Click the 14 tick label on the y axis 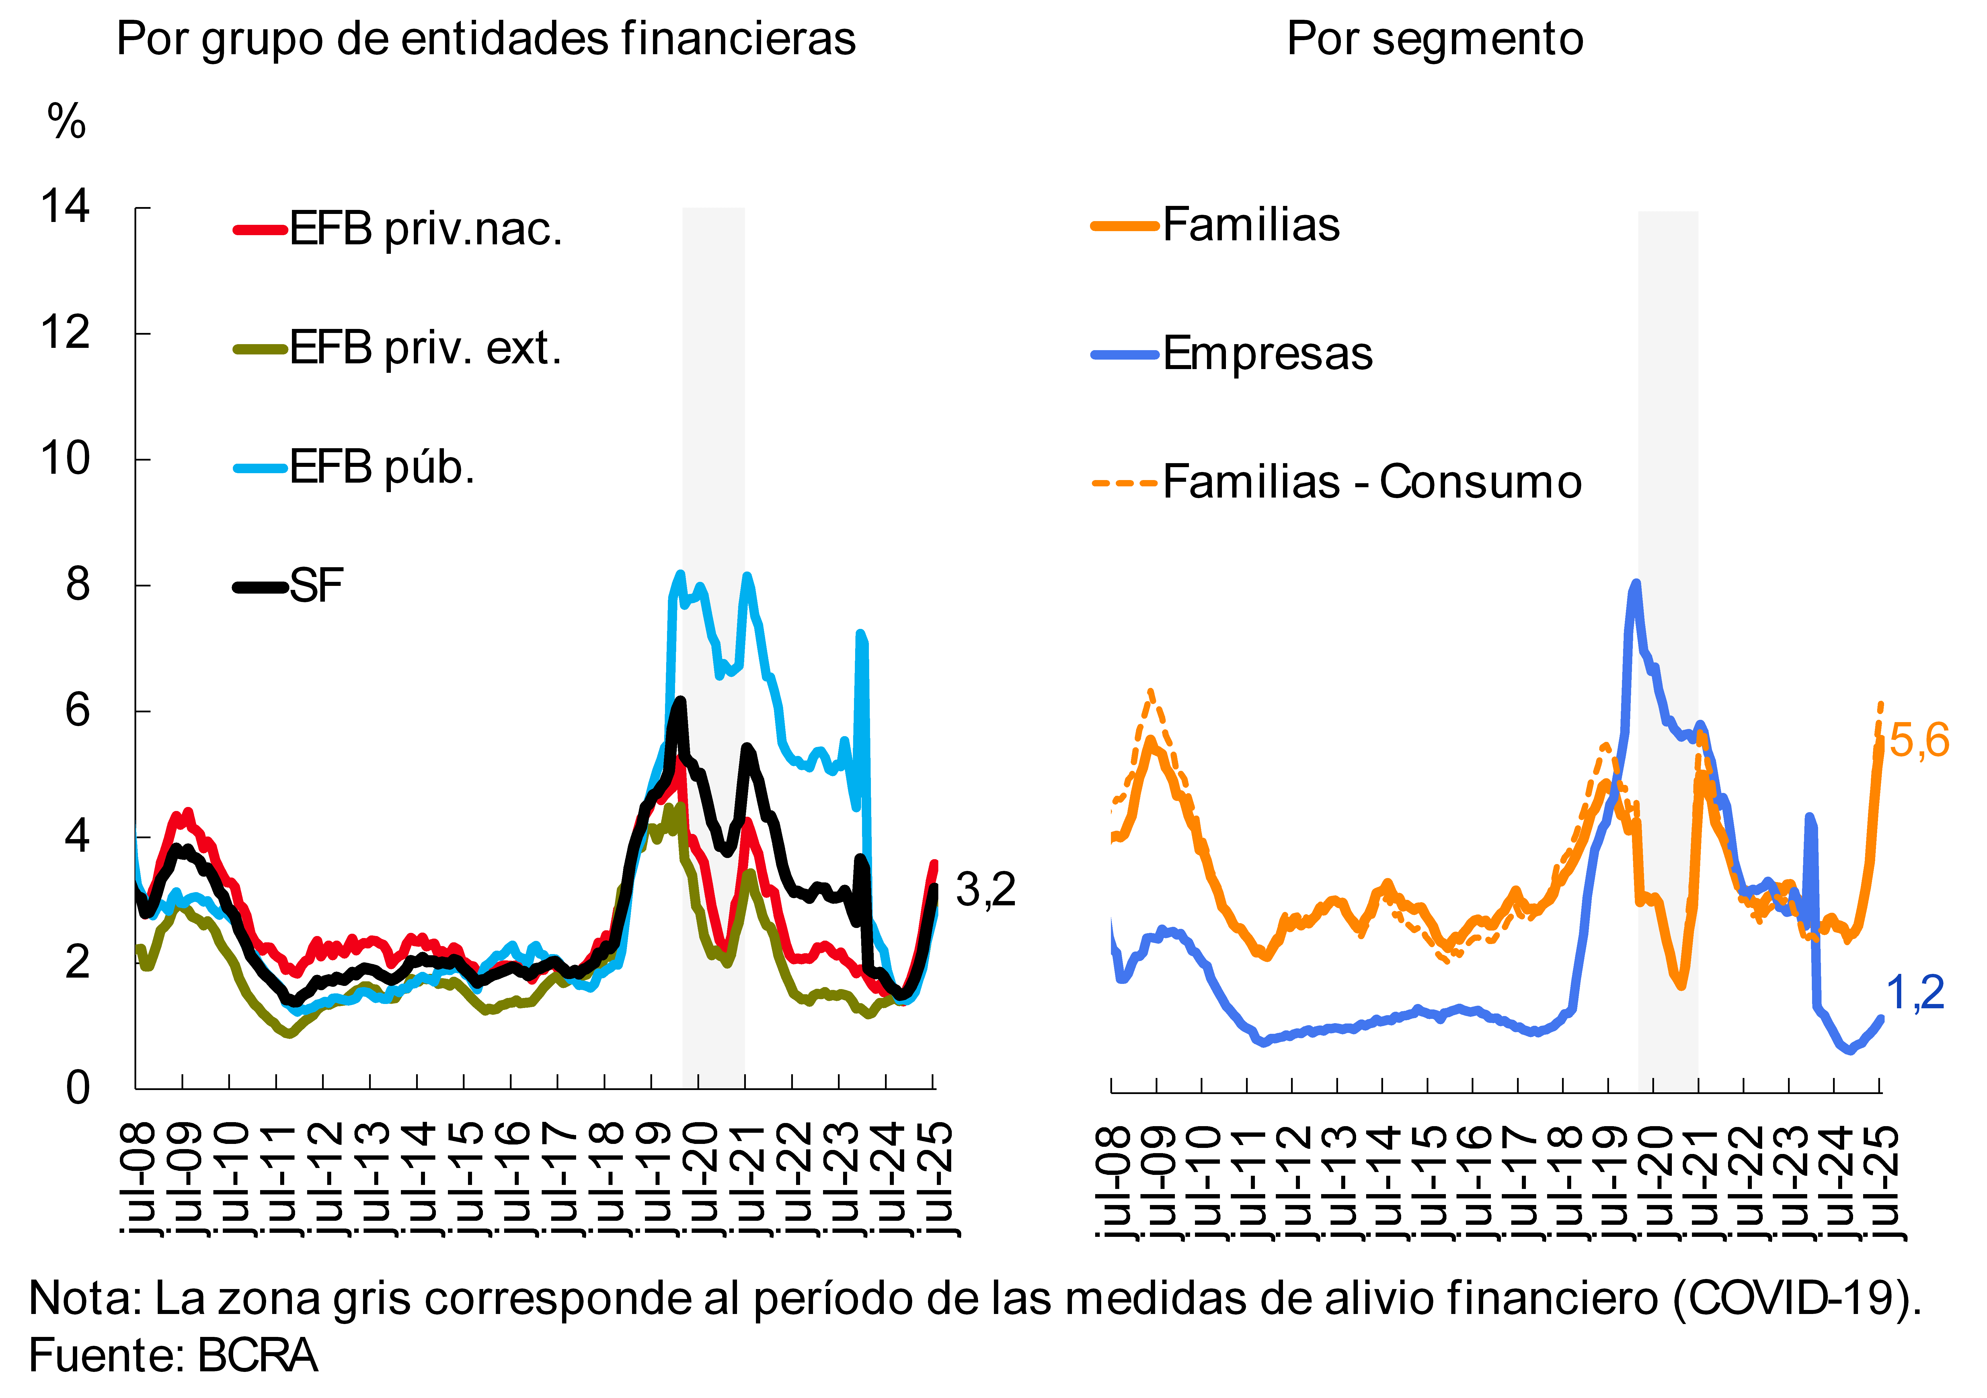click(x=65, y=208)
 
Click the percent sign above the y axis click(x=67, y=121)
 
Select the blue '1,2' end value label click(x=1915, y=993)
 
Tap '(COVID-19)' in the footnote click(x=1796, y=1298)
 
